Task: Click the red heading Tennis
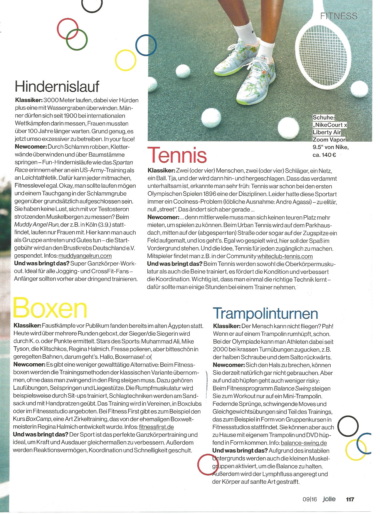[x=177, y=155]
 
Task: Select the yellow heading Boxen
[x=50, y=308]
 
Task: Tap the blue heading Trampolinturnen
[x=265, y=313]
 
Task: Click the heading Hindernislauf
[x=57, y=86]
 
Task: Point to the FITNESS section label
[x=339, y=16]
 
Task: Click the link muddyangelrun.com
[x=85, y=256]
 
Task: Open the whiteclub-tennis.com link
[x=285, y=256]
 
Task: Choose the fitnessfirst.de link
[x=156, y=427]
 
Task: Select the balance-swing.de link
[x=304, y=443]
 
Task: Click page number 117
[x=350, y=499]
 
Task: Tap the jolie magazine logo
[x=329, y=499]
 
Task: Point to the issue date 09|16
[x=310, y=499]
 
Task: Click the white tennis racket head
[x=323, y=47]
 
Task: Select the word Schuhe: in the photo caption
[x=324, y=117]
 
